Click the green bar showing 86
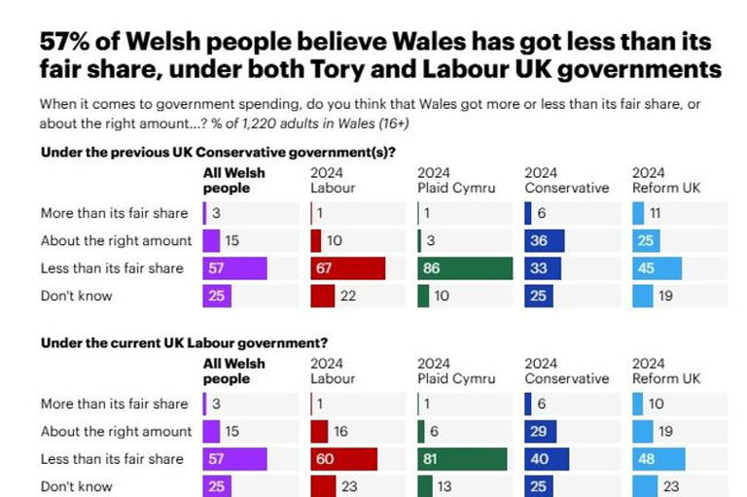pos(465,268)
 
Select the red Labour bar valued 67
pos(347,268)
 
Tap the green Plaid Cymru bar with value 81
pos(462,459)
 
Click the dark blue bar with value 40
pos(546,459)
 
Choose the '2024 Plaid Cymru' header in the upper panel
pos(452,180)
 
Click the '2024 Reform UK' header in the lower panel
pos(666,371)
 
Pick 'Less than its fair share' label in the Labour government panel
pos(112,459)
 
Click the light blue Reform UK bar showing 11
pos(638,213)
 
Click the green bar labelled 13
pos(424,486)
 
